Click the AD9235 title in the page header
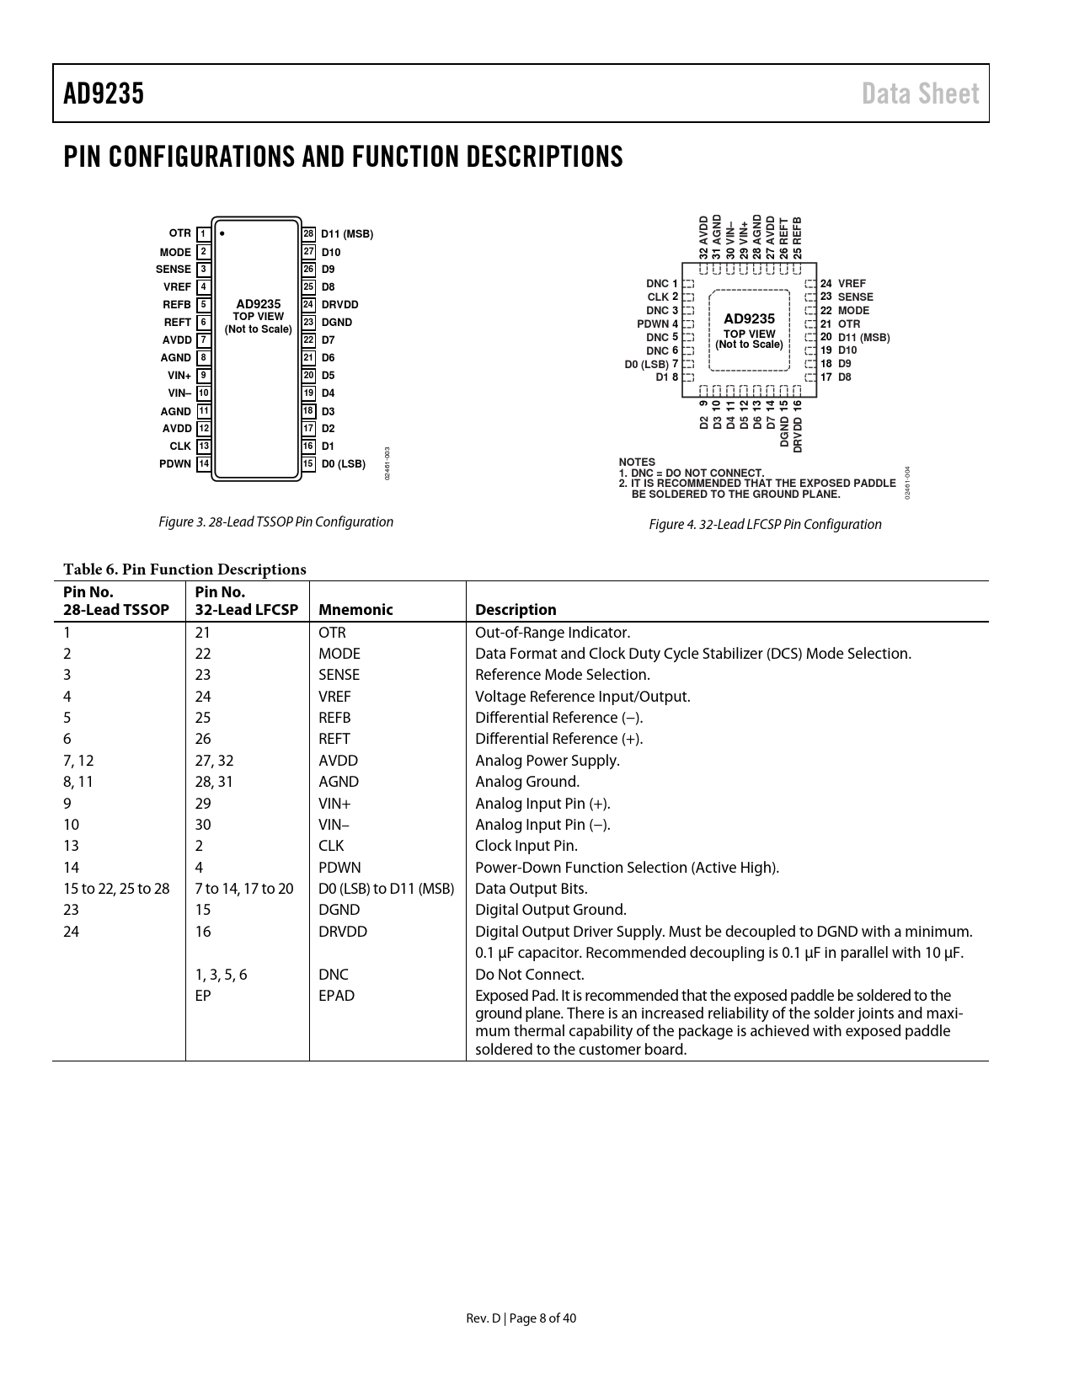click(104, 94)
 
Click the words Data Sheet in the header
click(920, 94)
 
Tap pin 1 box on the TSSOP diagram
click(203, 233)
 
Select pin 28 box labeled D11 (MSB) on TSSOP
click(309, 233)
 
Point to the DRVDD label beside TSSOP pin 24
click(339, 305)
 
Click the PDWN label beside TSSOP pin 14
click(175, 464)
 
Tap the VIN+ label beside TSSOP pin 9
click(179, 376)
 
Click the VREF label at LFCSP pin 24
click(852, 284)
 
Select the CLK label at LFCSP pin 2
click(658, 297)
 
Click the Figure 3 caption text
click(276, 522)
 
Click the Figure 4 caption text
click(765, 525)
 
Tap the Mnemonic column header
click(355, 610)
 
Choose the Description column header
click(516, 610)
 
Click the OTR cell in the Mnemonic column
click(332, 633)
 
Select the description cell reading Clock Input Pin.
click(526, 846)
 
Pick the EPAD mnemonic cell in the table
click(336, 996)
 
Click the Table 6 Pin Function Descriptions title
click(184, 569)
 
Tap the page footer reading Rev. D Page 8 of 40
click(521, 1318)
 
